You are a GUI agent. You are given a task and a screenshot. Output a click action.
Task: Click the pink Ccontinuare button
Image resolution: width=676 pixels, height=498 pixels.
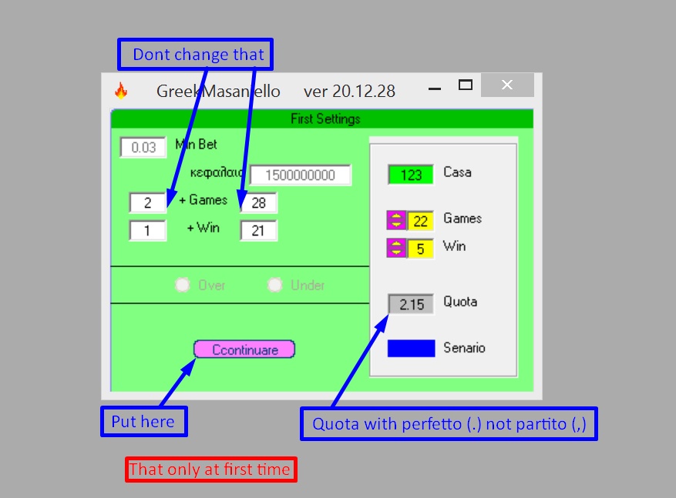pyautogui.click(x=244, y=349)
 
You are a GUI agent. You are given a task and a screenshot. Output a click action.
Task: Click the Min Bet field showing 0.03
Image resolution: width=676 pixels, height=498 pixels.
pyautogui.click(x=143, y=147)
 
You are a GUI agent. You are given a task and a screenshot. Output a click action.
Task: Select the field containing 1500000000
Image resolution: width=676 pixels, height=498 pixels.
pyautogui.click(x=300, y=175)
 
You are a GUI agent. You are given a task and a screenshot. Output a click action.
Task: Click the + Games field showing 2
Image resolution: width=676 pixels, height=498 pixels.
pyautogui.click(x=147, y=202)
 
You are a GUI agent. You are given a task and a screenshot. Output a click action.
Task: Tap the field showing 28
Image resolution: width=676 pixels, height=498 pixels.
pyautogui.click(x=258, y=202)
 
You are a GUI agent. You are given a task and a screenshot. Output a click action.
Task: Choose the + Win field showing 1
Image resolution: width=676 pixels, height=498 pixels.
pyautogui.click(x=147, y=230)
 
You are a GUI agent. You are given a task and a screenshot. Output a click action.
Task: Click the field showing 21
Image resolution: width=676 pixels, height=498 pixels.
pyautogui.click(x=258, y=230)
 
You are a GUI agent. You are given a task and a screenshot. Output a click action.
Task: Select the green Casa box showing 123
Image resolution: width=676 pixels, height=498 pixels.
pyautogui.click(x=411, y=175)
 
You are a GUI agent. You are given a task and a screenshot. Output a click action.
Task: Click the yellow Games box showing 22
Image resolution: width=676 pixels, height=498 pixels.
pyautogui.click(x=420, y=221)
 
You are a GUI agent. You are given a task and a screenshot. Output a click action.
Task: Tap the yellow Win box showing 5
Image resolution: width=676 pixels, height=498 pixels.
pyautogui.click(x=420, y=248)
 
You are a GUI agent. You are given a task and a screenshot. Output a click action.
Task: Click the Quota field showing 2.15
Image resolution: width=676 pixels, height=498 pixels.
pyautogui.click(x=412, y=304)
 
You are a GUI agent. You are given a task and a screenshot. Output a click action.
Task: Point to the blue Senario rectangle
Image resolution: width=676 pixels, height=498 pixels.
pyautogui.click(x=411, y=348)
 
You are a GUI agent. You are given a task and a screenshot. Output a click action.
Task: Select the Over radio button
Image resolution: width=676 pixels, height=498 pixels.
pyautogui.click(x=183, y=285)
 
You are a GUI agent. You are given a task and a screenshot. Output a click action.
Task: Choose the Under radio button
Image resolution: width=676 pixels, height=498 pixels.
pyautogui.click(x=275, y=285)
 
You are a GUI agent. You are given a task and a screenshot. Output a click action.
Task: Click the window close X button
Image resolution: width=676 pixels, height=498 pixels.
pyautogui.click(x=506, y=85)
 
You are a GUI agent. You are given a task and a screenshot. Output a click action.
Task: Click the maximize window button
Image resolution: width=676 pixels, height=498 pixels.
pyautogui.click(x=465, y=85)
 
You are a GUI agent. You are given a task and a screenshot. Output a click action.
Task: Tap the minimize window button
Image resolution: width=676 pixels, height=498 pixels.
pyautogui.click(x=435, y=89)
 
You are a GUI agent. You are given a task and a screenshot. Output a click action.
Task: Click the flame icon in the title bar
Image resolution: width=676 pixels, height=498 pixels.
pyautogui.click(x=121, y=91)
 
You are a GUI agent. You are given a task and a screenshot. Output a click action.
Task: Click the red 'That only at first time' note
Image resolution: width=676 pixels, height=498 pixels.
pyautogui.click(x=210, y=470)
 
